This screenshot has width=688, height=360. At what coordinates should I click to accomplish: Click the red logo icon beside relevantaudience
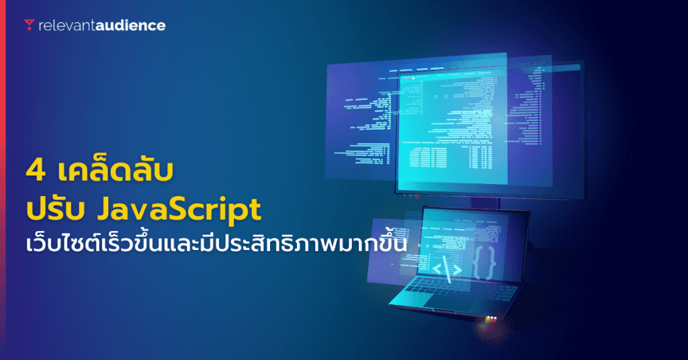(29, 25)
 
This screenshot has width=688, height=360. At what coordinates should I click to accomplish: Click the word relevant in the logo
(67, 26)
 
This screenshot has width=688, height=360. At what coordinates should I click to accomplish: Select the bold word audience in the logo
(130, 26)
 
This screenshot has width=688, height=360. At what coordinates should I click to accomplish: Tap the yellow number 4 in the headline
(36, 171)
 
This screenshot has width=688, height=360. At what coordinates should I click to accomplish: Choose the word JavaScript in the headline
(179, 210)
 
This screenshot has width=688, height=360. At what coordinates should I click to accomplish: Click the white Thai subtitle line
(216, 243)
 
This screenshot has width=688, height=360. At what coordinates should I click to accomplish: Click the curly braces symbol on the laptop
(484, 263)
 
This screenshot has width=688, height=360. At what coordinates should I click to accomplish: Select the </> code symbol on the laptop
(447, 269)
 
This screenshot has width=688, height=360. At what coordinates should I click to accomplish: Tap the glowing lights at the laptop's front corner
(491, 318)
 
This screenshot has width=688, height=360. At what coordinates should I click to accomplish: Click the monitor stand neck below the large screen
(485, 204)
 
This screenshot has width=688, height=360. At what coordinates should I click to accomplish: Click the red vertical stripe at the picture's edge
(3, 180)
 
